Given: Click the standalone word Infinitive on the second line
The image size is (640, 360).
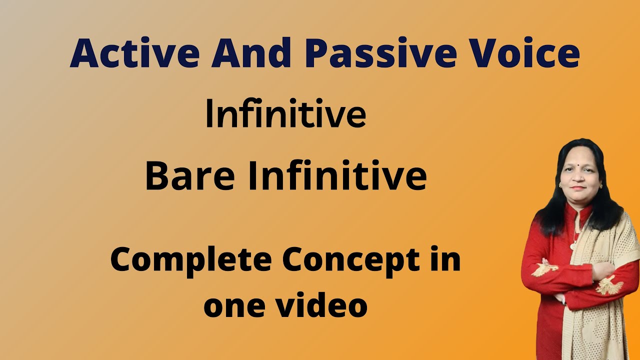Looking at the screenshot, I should click(x=285, y=114).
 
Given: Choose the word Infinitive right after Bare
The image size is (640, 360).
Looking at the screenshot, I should click(x=337, y=177).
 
